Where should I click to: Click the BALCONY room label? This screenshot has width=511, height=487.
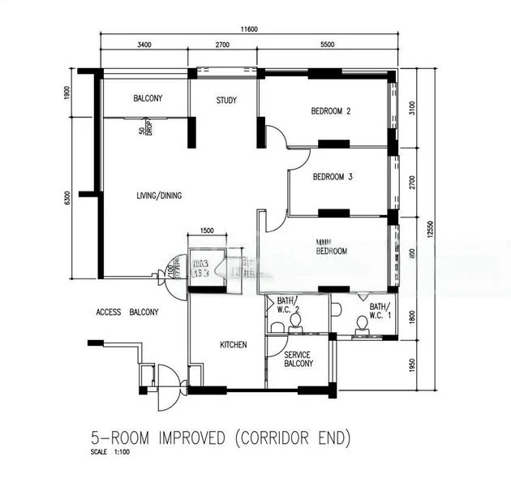tap(148, 99)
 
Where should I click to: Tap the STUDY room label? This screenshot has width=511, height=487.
tap(226, 101)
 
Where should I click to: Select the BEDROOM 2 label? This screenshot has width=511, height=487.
tap(331, 112)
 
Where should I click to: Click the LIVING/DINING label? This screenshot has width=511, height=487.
tap(158, 196)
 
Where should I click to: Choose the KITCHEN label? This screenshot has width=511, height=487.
tap(233, 345)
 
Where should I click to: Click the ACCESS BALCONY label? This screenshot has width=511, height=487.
tap(127, 312)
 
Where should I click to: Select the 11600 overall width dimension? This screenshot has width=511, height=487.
tap(249, 29)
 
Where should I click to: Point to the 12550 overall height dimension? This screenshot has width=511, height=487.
tap(431, 229)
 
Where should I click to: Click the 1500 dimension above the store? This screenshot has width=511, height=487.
tap(207, 231)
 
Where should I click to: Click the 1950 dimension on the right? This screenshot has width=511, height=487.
tap(412, 364)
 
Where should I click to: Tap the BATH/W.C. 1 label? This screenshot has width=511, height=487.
tap(379, 311)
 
